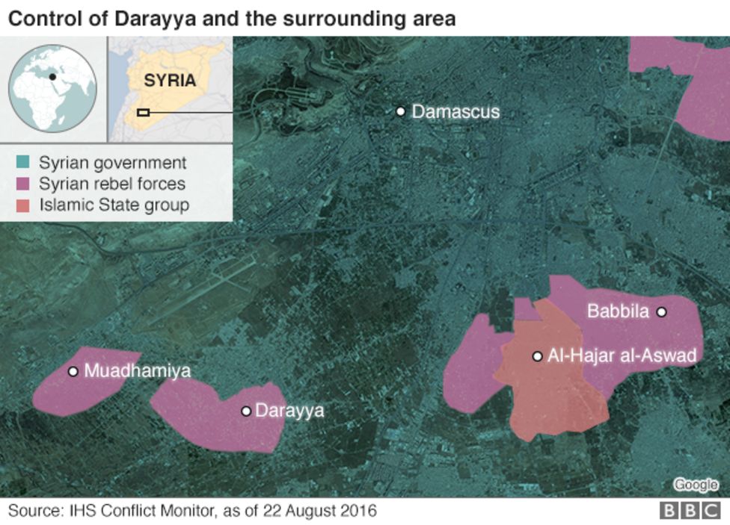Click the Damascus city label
(455, 112)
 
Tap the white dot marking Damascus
(401, 111)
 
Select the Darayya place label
(289, 411)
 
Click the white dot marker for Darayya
(245, 411)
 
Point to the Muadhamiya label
(137, 371)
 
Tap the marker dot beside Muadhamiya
(73, 371)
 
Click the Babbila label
(617, 312)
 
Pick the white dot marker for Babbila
(661, 312)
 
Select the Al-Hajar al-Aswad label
(622, 356)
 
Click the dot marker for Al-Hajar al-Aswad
(537, 356)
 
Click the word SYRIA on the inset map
(170, 81)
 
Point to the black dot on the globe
(52, 76)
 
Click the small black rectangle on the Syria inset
(144, 113)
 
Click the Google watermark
(696, 485)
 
